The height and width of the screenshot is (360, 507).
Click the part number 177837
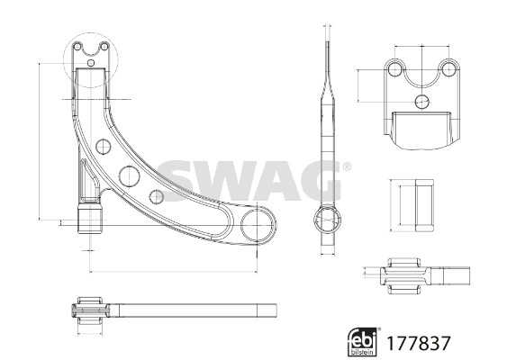419,343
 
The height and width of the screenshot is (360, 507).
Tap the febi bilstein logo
362,342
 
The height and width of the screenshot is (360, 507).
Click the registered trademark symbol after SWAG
347,166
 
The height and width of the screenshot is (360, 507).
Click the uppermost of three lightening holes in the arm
104,147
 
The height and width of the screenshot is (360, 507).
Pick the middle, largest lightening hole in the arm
130,176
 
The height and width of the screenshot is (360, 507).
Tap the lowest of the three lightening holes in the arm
157,196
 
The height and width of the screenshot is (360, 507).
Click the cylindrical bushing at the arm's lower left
90,218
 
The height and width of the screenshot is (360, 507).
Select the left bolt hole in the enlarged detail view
394,69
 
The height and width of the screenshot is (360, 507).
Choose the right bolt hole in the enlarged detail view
448,69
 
